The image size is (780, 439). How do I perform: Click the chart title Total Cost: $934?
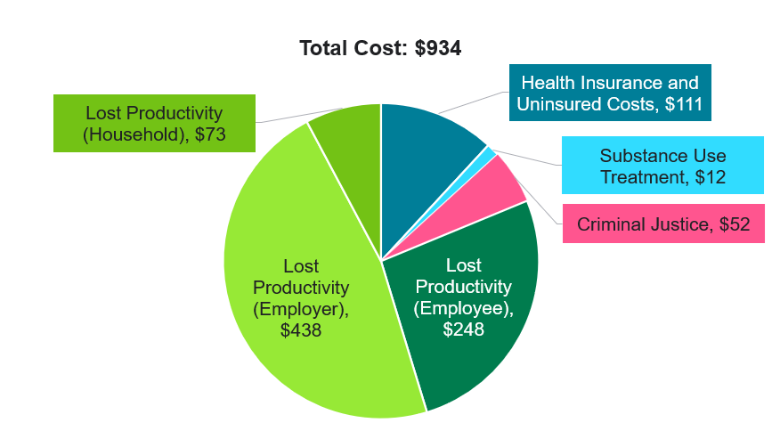point(380,48)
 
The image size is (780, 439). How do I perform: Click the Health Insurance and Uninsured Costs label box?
point(610,93)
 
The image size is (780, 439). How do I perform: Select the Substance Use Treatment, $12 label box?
point(662,166)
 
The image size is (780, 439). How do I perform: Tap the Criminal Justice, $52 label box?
point(663,224)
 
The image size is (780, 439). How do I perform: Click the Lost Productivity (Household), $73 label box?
point(154,125)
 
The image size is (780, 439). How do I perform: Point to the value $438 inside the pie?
point(300,330)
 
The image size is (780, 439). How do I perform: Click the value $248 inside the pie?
point(463,329)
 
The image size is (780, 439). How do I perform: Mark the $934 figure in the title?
point(438,48)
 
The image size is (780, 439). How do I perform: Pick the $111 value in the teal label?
point(684,105)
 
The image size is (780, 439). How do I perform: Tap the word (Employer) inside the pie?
point(301,309)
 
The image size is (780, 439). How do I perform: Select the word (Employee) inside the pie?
point(464,308)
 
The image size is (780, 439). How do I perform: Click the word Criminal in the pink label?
point(610,224)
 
